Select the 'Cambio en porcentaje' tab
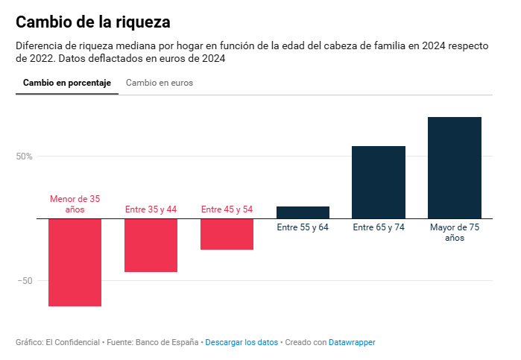point(67,83)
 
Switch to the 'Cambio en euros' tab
point(160,83)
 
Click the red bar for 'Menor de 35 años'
point(75,262)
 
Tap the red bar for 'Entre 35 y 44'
point(151,244)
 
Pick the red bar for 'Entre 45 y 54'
point(227,233)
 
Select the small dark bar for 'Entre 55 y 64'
point(303,212)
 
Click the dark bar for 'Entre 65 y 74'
point(379,182)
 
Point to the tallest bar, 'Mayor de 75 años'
point(455,168)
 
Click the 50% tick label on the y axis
point(24,157)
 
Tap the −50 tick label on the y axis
point(24,281)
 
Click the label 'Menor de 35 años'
point(75,204)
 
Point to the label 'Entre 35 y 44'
point(151,209)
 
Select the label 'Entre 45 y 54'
point(227,209)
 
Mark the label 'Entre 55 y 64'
point(303,227)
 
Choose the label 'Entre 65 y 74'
point(379,227)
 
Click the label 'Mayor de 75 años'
point(455,233)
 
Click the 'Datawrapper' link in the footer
point(352,342)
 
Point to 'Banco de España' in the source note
point(167,342)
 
